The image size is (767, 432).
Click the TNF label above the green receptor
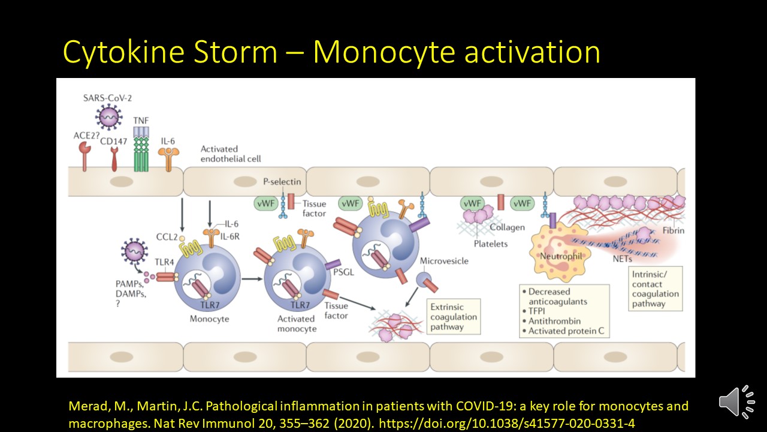[141, 121]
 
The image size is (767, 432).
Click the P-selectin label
[282, 182]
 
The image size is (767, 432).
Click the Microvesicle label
[444, 261]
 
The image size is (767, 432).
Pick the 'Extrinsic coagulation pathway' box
[454, 317]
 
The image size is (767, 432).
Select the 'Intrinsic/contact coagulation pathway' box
[656, 289]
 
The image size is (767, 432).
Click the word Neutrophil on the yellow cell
[561, 256]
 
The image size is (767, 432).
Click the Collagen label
[507, 227]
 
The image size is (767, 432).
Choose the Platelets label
[490, 244]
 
